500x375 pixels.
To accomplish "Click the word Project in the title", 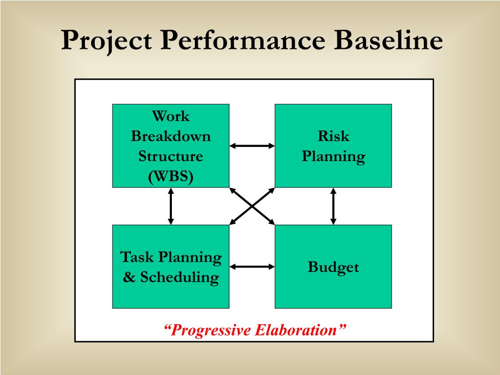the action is point(106,41).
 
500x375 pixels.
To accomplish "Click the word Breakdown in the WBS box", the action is point(171,136).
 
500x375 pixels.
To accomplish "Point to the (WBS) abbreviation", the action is point(171,176).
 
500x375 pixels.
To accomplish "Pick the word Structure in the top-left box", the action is point(171,156).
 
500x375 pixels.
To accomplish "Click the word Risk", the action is point(333,136).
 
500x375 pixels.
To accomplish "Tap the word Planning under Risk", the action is point(333,157).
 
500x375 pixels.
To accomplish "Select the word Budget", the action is point(333,267).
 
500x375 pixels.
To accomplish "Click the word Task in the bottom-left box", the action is point(137,257).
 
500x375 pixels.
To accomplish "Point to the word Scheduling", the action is point(180,277).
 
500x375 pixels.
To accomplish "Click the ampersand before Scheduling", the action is point(129,277).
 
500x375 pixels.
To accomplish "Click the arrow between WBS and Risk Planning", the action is point(252,146).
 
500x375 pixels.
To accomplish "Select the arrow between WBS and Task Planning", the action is point(171,206).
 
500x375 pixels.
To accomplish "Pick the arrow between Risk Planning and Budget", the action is point(333,206).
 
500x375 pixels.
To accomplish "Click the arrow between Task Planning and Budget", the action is point(252,267).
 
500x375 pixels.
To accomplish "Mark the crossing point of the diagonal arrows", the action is point(252,207).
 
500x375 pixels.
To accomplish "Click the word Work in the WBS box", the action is point(171,116).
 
